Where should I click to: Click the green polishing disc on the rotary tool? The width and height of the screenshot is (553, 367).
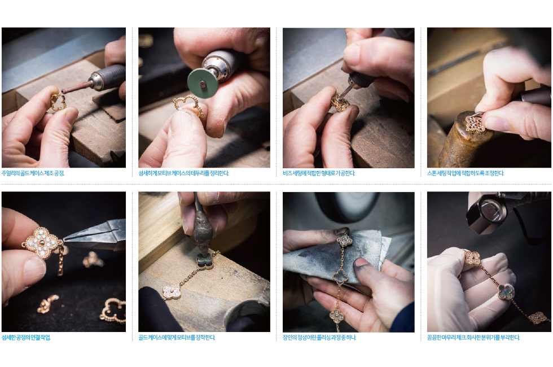203,84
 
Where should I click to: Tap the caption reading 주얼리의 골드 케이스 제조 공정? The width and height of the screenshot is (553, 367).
33,173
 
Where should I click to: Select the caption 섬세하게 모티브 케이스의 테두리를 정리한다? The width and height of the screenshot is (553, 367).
183,173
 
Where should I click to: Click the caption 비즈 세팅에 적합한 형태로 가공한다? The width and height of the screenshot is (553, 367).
319,173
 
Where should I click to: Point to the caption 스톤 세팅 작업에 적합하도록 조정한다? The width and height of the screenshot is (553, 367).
466,173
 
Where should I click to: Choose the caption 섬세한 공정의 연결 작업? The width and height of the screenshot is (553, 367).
26,338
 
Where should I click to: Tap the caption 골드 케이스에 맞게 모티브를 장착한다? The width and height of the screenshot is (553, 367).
177,338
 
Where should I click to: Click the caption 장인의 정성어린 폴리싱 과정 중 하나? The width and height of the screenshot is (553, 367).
319,338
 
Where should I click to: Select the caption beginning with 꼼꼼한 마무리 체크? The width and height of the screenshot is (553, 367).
473,338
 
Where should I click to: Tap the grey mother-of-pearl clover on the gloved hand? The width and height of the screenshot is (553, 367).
506,292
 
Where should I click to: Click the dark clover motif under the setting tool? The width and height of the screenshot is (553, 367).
204,261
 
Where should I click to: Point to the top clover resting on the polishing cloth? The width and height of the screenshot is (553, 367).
344,241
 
